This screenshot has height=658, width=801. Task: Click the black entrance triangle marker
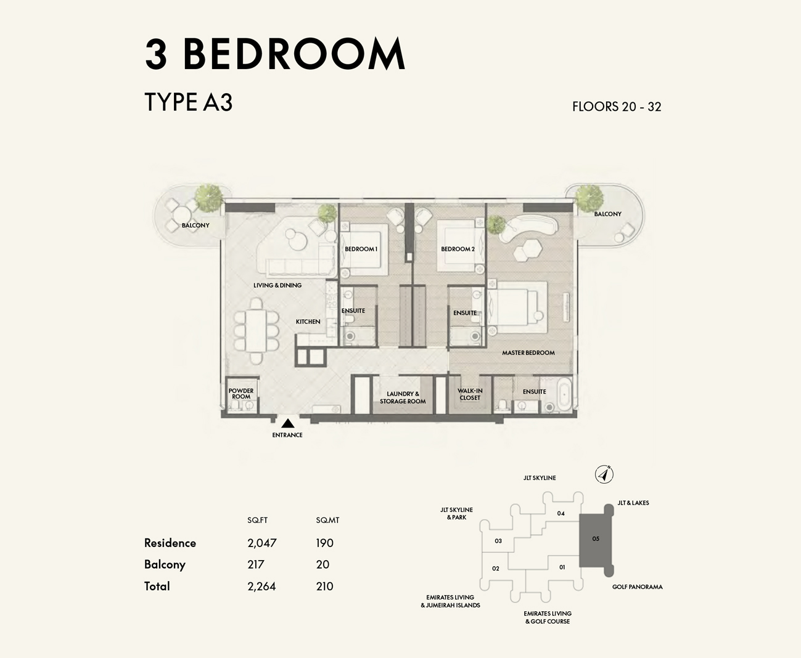tap(287, 423)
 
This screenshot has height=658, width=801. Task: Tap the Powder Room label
tap(241, 394)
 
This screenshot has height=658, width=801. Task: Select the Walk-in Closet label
tap(470, 394)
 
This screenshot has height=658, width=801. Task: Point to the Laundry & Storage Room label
tap(403, 397)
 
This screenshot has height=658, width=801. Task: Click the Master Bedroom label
tap(528, 353)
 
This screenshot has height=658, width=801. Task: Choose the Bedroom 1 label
tap(361, 249)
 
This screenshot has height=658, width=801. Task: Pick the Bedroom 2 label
tap(458, 249)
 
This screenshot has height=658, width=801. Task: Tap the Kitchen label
tap(308, 322)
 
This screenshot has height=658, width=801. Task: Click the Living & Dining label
tap(277, 285)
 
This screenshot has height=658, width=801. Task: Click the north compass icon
tap(604, 474)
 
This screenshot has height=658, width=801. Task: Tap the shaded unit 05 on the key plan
tap(596, 539)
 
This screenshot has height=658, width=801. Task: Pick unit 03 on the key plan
tap(498, 541)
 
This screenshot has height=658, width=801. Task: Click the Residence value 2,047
tap(262, 543)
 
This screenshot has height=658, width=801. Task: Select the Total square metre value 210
tap(324, 587)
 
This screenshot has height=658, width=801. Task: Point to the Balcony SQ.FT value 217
tap(256, 564)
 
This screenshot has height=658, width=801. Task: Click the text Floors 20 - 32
tap(617, 107)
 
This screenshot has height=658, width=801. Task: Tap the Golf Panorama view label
tap(637, 587)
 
